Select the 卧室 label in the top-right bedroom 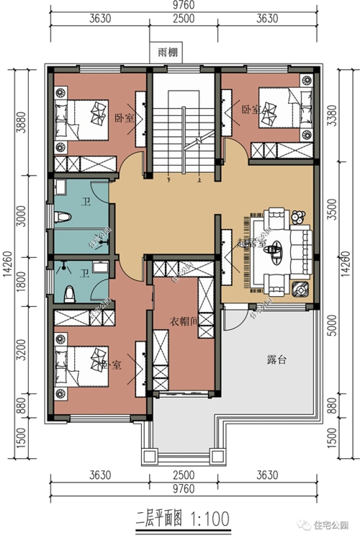coord(251,109)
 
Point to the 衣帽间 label coord(184,321)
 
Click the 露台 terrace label coord(276,359)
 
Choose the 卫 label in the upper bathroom coord(84,203)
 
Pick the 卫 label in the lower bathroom coord(84,273)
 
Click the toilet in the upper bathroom coord(63,217)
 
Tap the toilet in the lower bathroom coord(70,293)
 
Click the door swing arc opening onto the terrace coord(233,318)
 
